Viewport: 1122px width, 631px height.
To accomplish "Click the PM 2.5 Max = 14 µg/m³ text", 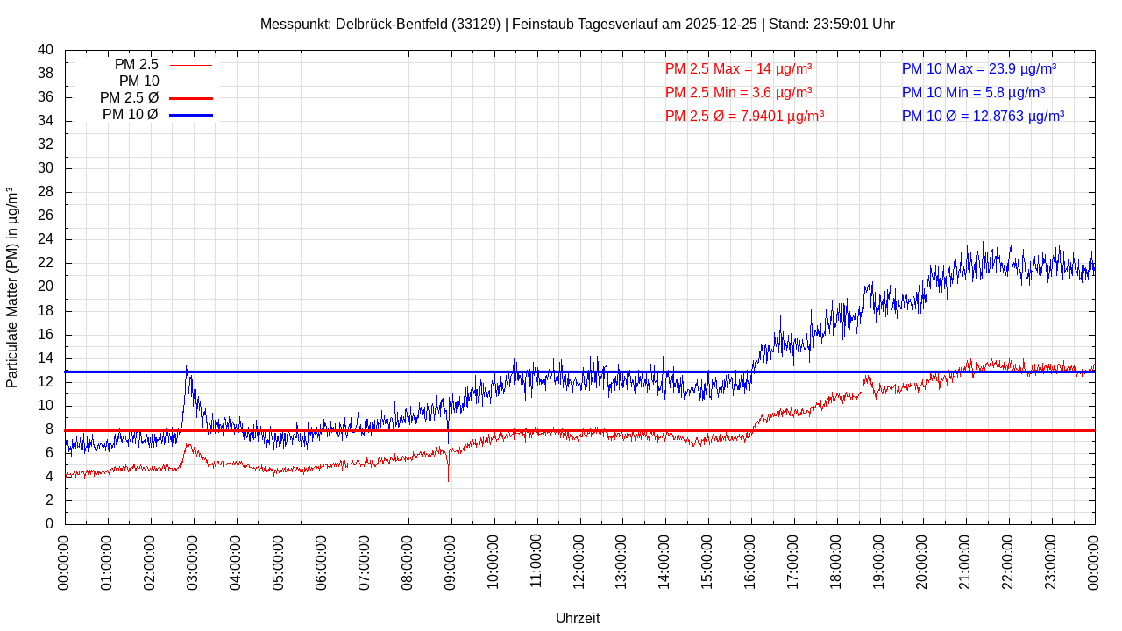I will tap(738, 69).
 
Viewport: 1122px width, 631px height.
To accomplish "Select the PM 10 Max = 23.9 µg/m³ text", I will tap(978, 69).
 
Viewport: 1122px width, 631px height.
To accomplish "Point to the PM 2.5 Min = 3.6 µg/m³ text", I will tap(738, 93).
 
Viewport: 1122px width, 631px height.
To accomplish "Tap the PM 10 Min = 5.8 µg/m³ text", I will tap(973, 93).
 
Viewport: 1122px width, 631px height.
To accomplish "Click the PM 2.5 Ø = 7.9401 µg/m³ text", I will tap(744, 116).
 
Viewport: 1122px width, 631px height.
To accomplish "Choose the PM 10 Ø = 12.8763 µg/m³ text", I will tap(983, 116).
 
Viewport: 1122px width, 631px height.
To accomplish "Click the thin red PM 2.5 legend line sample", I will tap(191, 65).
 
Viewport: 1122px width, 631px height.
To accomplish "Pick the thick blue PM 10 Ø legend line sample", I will tap(191, 115).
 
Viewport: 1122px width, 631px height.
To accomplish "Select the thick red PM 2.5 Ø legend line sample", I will tap(191, 98).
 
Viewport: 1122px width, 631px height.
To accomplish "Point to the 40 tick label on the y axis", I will tap(46, 50).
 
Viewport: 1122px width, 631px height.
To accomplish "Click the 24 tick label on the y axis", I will tap(46, 239).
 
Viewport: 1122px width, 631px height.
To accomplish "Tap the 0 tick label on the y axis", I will tap(49, 524).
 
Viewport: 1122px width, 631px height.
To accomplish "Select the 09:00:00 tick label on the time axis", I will tap(451, 561).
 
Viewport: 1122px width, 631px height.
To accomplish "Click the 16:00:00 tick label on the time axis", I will tap(750, 561).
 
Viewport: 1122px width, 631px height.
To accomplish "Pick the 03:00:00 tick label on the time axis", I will tap(194, 561).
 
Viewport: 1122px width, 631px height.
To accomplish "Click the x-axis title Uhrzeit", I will tap(578, 618).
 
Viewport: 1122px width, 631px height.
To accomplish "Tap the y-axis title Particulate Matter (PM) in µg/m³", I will tap(12, 287).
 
